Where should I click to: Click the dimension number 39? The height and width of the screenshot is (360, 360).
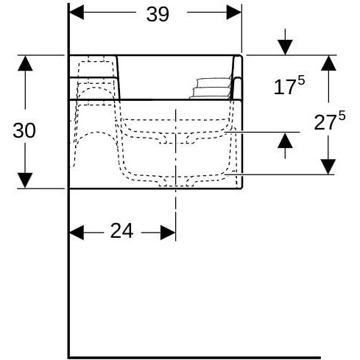158,15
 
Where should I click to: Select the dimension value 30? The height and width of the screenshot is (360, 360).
24,130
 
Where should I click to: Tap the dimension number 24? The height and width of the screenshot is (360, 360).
121,231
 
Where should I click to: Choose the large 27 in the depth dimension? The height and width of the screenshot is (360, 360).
323,122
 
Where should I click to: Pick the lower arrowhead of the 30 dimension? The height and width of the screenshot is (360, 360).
25,180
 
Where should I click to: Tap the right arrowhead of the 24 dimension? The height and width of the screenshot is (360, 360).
168,232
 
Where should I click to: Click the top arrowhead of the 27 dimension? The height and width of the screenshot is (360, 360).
328,63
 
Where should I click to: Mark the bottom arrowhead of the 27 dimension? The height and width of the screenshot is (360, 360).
328,166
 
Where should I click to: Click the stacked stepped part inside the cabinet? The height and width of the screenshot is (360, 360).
210,87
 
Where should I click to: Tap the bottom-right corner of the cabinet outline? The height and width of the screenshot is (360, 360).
241,188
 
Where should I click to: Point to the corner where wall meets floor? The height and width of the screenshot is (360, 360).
68,357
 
